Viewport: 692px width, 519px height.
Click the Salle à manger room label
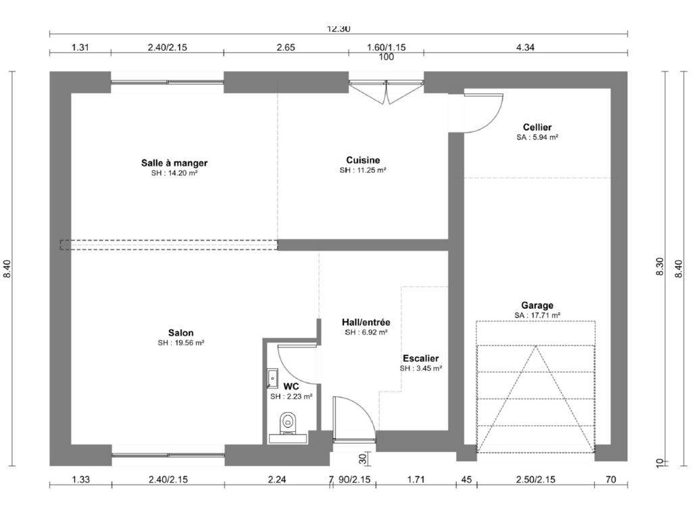(x=174, y=163)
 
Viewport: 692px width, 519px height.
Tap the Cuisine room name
(x=363, y=159)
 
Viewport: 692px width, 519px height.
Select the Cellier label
(x=537, y=127)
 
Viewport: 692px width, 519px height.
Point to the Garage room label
(x=537, y=305)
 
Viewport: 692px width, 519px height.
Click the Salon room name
(x=181, y=332)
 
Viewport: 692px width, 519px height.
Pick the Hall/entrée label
(x=366, y=322)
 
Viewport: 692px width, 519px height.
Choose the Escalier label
(x=420, y=358)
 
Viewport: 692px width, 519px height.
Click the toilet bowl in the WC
(x=288, y=422)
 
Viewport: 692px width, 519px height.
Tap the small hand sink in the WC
(x=272, y=378)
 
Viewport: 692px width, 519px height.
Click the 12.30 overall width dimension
(x=339, y=29)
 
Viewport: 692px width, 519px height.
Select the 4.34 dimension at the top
(x=525, y=47)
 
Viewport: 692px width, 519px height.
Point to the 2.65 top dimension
(x=286, y=47)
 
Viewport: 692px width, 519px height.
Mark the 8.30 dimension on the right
(x=660, y=267)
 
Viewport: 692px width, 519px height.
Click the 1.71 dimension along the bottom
(x=416, y=479)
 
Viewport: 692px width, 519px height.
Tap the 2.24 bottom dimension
(x=277, y=479)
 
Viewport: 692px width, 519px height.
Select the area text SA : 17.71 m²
(x=537, y=315)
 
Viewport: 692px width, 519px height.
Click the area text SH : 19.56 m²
(x=181, y=343)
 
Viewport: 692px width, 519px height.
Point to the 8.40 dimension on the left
(x=7, y=268)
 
